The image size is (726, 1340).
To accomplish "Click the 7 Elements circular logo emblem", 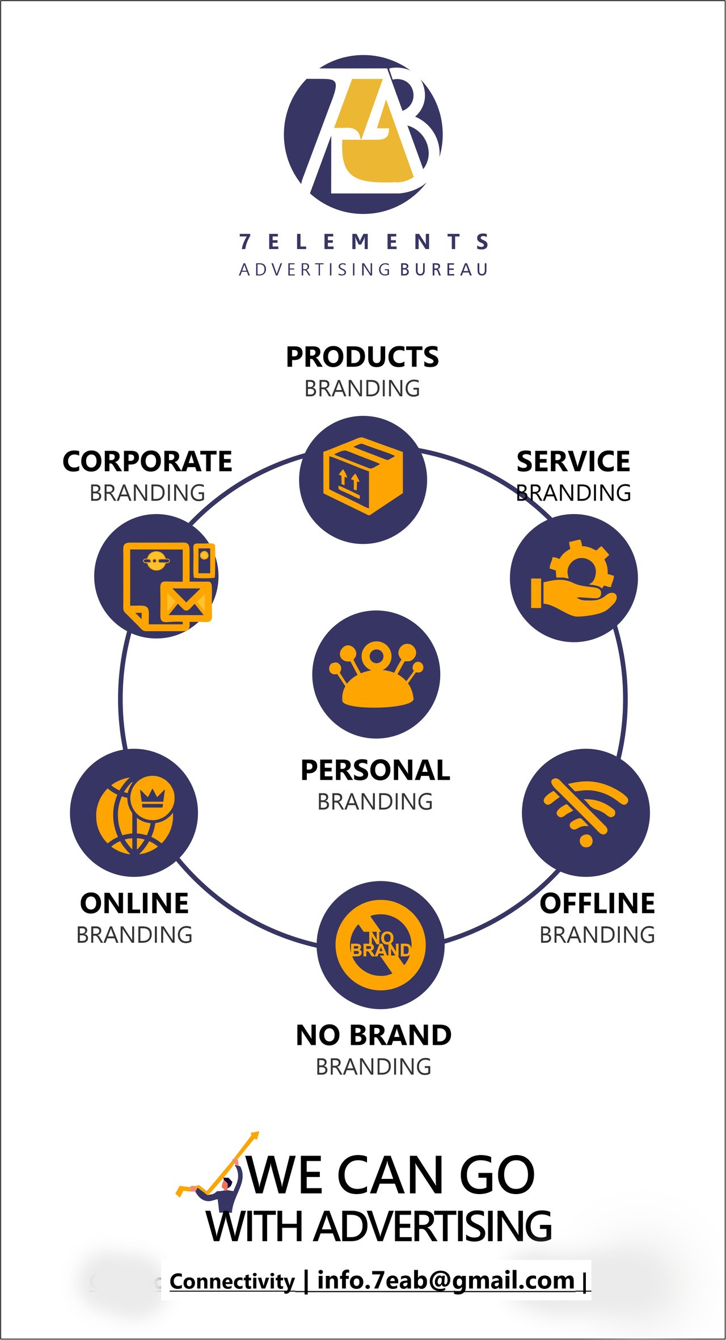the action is (363, 135).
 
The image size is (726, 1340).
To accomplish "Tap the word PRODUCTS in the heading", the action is (362, 357).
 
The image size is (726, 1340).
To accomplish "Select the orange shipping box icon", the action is (363, 476).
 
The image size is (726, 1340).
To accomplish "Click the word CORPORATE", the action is (147, 461).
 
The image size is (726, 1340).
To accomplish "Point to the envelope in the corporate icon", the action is (186, 602).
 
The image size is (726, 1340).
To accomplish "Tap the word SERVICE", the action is (573, 461).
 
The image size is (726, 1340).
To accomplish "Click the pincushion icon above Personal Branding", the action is (376, 674).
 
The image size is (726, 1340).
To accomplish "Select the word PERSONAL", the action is (375, 770).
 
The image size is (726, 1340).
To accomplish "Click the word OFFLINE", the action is (597, 903).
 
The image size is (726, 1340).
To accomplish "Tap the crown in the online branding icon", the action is (152, 797).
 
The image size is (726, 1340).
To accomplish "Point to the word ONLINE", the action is (134, 903).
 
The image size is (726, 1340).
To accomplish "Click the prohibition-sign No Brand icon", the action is (381, 945).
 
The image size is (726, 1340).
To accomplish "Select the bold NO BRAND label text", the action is (374, 1035).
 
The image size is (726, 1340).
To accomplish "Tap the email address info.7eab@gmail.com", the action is (446, 1280).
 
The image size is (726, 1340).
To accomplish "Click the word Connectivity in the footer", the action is (232, 1282).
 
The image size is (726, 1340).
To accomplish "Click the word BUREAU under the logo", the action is (444, 270).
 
